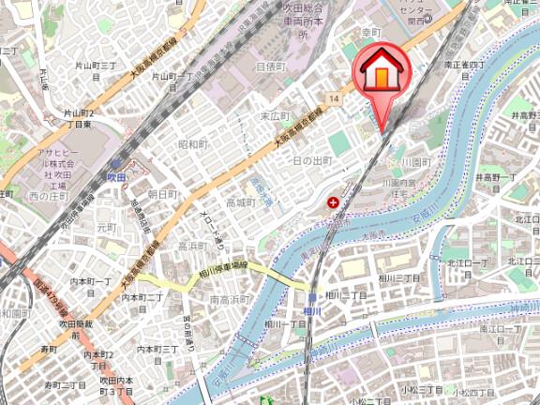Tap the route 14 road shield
334,97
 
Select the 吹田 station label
116,175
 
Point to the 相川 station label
313,311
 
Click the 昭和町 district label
191,144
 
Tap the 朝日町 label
163,193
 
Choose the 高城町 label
240,202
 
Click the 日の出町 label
312,161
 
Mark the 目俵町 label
270,67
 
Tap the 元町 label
105,227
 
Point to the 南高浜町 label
228,299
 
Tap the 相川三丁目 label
399,280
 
